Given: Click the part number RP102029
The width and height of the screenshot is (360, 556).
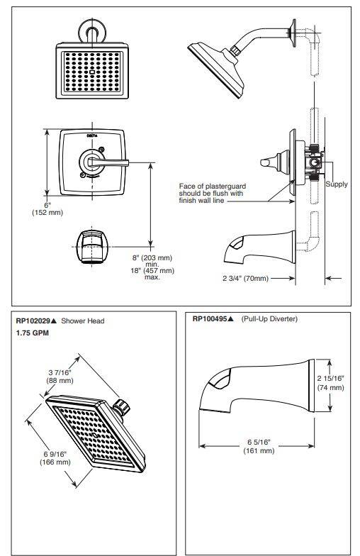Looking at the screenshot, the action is (x=34, y=321).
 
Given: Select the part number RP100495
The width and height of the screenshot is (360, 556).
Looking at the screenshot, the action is (x=210, y=319).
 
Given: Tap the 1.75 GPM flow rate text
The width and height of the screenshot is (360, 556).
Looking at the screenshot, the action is (x=33, y=333).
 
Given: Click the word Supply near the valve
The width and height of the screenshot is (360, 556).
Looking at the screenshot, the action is (x=336, y=184).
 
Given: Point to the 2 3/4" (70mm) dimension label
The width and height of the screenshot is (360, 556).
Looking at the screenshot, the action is (x=245, y=278).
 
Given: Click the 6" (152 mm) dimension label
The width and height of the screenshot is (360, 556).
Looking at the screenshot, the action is (x=47, y=208).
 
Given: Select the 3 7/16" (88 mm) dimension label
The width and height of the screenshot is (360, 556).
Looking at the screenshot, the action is (x=60, y=376).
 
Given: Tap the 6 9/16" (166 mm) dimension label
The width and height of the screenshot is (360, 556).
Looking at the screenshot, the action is (x=55, y=458).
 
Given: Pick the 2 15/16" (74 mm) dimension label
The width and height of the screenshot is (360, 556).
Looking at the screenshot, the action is (x=330, y=383).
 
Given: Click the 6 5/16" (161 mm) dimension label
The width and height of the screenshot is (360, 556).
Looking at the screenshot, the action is (x=259, y=447).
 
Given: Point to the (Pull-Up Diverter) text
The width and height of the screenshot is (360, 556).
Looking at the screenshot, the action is (x=269, y=319).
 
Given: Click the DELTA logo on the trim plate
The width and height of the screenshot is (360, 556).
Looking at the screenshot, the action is (x=92, y=135).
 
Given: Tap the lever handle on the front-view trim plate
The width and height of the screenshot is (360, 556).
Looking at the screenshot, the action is (x=108, y=162).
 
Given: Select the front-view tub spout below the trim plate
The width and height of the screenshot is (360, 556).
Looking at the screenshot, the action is (x=92, y=247).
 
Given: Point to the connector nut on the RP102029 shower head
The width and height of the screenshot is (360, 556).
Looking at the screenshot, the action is (x=122, y=407).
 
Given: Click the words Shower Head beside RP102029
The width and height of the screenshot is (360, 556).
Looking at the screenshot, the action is (x=82, y=321).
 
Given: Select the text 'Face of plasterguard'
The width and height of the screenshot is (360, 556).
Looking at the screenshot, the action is (x=213, y=186).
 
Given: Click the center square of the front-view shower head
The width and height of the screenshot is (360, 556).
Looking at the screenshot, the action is (x=92, y=72).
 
